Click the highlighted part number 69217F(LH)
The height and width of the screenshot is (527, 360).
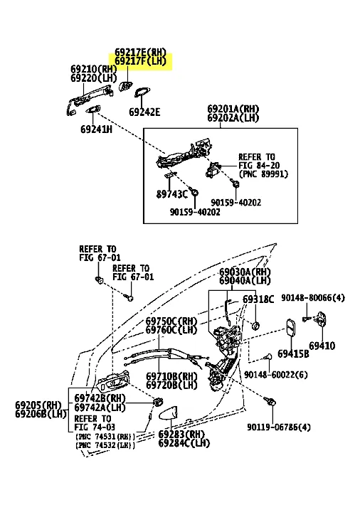point(140,61)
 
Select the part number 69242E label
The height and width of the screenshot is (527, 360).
point(144,112)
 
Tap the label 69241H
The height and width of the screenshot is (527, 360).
point(96,129)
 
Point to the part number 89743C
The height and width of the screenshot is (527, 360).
point(172,194)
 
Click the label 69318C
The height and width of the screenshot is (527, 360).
point(258,299)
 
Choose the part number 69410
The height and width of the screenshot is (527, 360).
point(322,346)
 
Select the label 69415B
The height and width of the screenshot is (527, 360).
point(293,353)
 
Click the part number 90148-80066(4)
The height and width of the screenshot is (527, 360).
point(313,298)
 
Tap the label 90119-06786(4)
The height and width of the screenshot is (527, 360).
point(279,427)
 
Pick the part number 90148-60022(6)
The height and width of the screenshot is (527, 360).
point(275,374)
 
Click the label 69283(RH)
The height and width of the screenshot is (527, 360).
point(181,435)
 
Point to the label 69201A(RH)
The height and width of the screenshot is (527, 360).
point(233,109)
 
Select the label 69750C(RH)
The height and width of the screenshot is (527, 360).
point(171,321)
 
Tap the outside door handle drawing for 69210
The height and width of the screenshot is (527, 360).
point(88,100)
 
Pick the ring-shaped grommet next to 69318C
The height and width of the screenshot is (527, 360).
point(255,325)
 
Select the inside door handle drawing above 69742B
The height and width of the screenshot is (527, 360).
point(112,381)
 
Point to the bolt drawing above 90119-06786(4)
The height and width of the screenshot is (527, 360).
point(270,400)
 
